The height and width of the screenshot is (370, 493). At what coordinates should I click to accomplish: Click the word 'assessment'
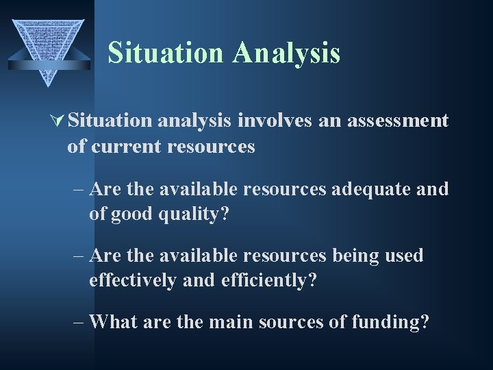click(x=398, y=121)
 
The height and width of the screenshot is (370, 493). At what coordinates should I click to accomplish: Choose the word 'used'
click(x=405, y=256)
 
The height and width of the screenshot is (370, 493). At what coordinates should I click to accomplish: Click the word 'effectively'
click(x=132, y=281)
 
